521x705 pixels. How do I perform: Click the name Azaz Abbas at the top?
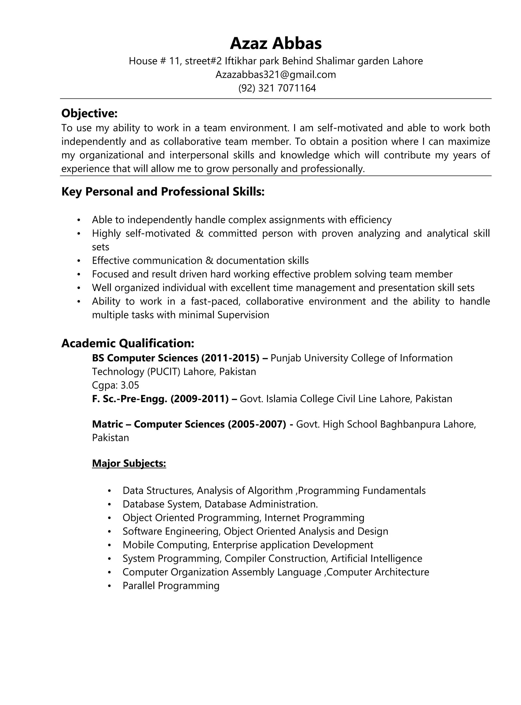276,43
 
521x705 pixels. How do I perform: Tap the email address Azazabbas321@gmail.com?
276,75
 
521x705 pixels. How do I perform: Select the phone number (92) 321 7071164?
277,88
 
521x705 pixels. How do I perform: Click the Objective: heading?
89,113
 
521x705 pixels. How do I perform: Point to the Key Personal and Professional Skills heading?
163,192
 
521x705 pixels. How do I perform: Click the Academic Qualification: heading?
128,343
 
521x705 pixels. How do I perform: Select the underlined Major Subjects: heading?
129,463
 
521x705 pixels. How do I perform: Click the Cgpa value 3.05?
130,385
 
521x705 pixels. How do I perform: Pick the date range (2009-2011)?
199,399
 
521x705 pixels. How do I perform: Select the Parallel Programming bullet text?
171,586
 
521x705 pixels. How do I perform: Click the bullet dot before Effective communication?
79,261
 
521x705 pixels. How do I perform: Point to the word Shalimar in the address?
335,61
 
